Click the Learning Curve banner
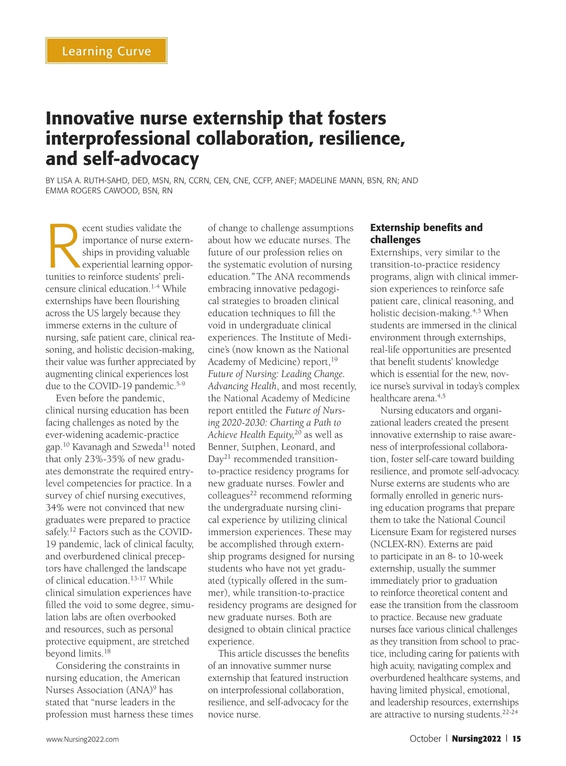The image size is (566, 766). pyautogui.click(x=106, y=51)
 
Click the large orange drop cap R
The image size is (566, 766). pyautogui.click(x=63, y=245)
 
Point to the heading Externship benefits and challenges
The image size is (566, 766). pyautogui.click(x=426, y=233)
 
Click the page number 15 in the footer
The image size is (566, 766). pyautogui.click(x=517, y=739)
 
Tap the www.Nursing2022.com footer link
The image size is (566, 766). pyautogui.click(x=83, y=740)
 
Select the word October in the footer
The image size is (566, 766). pyautogui.click(x=425, y=739)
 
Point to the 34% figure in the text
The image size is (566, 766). pyautogui.click(x=55, y=508)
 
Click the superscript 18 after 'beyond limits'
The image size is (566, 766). pyautogui.click(x=107, y=651)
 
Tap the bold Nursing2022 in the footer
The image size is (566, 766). pyautogui.click(x=476, y=739)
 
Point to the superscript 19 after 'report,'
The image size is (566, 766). pyautogui.click(x=334, y=360)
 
